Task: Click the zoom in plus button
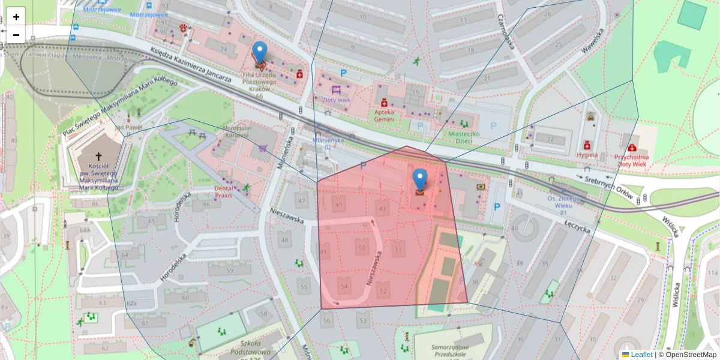click(x=16, y=17)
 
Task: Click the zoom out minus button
click(x=16, y=35)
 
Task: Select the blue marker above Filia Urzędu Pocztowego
click(x=259, y=52)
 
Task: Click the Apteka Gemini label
click(x=385, y=115)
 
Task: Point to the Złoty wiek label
click(x=336, y=100)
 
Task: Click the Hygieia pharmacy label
click(x=587, y=155)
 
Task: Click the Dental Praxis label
click(x=223, y=191)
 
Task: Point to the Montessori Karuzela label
click(x=235, y=132)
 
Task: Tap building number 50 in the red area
click(x=361, y=247)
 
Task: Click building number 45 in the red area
click(x=340, y=205)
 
